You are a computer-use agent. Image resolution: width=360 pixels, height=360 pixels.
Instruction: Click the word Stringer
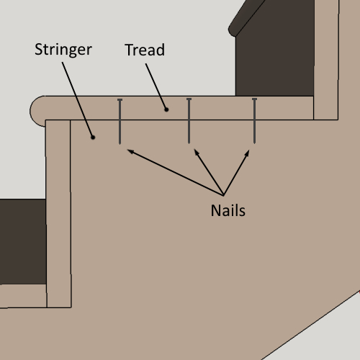(x=63, y=50)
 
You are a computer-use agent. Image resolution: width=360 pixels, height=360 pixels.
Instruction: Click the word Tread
(x=145, y=50)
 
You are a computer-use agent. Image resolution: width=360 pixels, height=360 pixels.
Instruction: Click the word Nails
(x=228, y=210)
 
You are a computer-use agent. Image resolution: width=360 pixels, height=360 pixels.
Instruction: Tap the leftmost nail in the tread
(x=120, y=122)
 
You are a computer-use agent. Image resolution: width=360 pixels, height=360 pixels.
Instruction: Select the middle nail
(x=189, y=121)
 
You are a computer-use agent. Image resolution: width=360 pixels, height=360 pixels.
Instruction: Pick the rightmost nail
(x=254, y=121)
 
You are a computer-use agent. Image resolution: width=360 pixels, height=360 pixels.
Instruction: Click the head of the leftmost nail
(x=120, y=99)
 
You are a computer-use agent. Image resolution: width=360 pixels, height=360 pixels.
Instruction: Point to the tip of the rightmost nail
(x=254, y=143)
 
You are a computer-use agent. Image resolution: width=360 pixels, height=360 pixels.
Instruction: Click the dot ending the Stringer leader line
(x=93, y=138)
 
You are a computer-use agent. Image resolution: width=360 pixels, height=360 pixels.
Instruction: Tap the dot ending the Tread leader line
(x=166, y=109)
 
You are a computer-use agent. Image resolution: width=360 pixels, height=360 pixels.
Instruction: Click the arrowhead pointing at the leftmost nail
(x=130, y=152)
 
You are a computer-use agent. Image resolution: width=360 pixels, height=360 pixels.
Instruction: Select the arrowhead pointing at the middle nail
(x=197, y=152)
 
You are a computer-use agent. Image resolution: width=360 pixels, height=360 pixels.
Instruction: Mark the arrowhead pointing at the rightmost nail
(x=247, y=153)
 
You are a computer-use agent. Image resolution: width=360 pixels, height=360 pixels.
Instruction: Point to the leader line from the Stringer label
(x=78, y=99)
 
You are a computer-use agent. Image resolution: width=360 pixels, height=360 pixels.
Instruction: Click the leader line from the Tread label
(x=156, y=86)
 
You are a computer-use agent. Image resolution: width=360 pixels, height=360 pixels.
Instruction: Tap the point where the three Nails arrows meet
(x=223, y=195)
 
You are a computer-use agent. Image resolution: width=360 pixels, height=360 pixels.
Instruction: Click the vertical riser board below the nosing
(x=58, y=214)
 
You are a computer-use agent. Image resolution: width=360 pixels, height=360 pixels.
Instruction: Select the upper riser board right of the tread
(x=326, y=60)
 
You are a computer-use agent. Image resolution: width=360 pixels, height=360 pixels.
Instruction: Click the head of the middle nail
(x=189, y=99)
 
